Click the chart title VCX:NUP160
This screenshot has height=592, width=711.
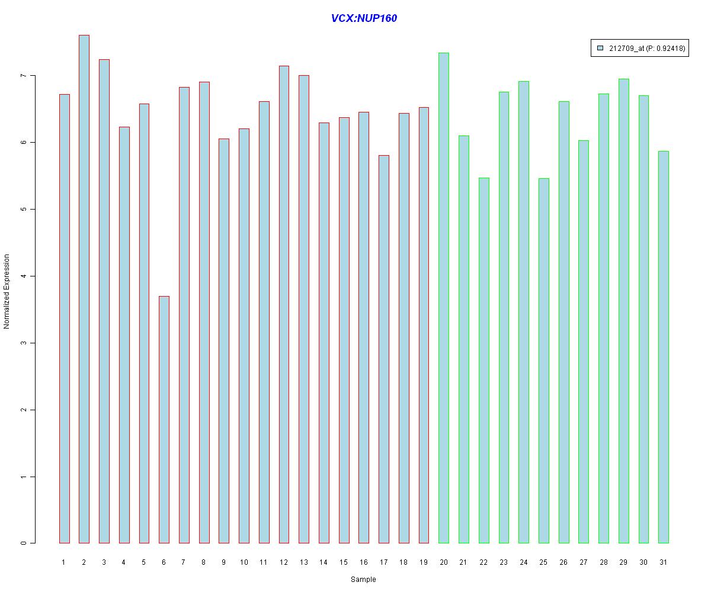pyautogui.click(x=364, y=18)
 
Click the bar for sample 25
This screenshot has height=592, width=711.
pyautogui.click(x=544, y=361)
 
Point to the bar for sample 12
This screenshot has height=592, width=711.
pyautogui.click(x=284, y=304)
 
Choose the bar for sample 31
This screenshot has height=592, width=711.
pyautogui.click(x=664, y=347)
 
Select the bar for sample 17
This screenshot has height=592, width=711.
pyautogui.click(x=384, y=349)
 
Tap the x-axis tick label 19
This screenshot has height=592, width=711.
pyautogui.click(x=424, y=562)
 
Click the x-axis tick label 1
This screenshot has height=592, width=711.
pyautogui.click(x=64, y=562)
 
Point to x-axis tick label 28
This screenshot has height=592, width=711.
pyautogui.click(x=604, y=562)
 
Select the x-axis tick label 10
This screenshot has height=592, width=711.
pyautogui.click(x=244, y=562)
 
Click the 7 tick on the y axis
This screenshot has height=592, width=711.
pyautogui.click(x=24, y=76)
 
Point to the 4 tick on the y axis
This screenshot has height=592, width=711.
pyautogui.click(x=24, y=276)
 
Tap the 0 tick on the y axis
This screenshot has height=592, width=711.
pyautogui.click(x=24, y=543)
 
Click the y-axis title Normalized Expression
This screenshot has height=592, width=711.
pyautogui.click(x=7, y=291)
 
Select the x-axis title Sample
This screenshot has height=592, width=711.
pyautogui.click(x=363, y=580)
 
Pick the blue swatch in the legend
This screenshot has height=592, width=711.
pyautogui.click(x=600, y=48)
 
